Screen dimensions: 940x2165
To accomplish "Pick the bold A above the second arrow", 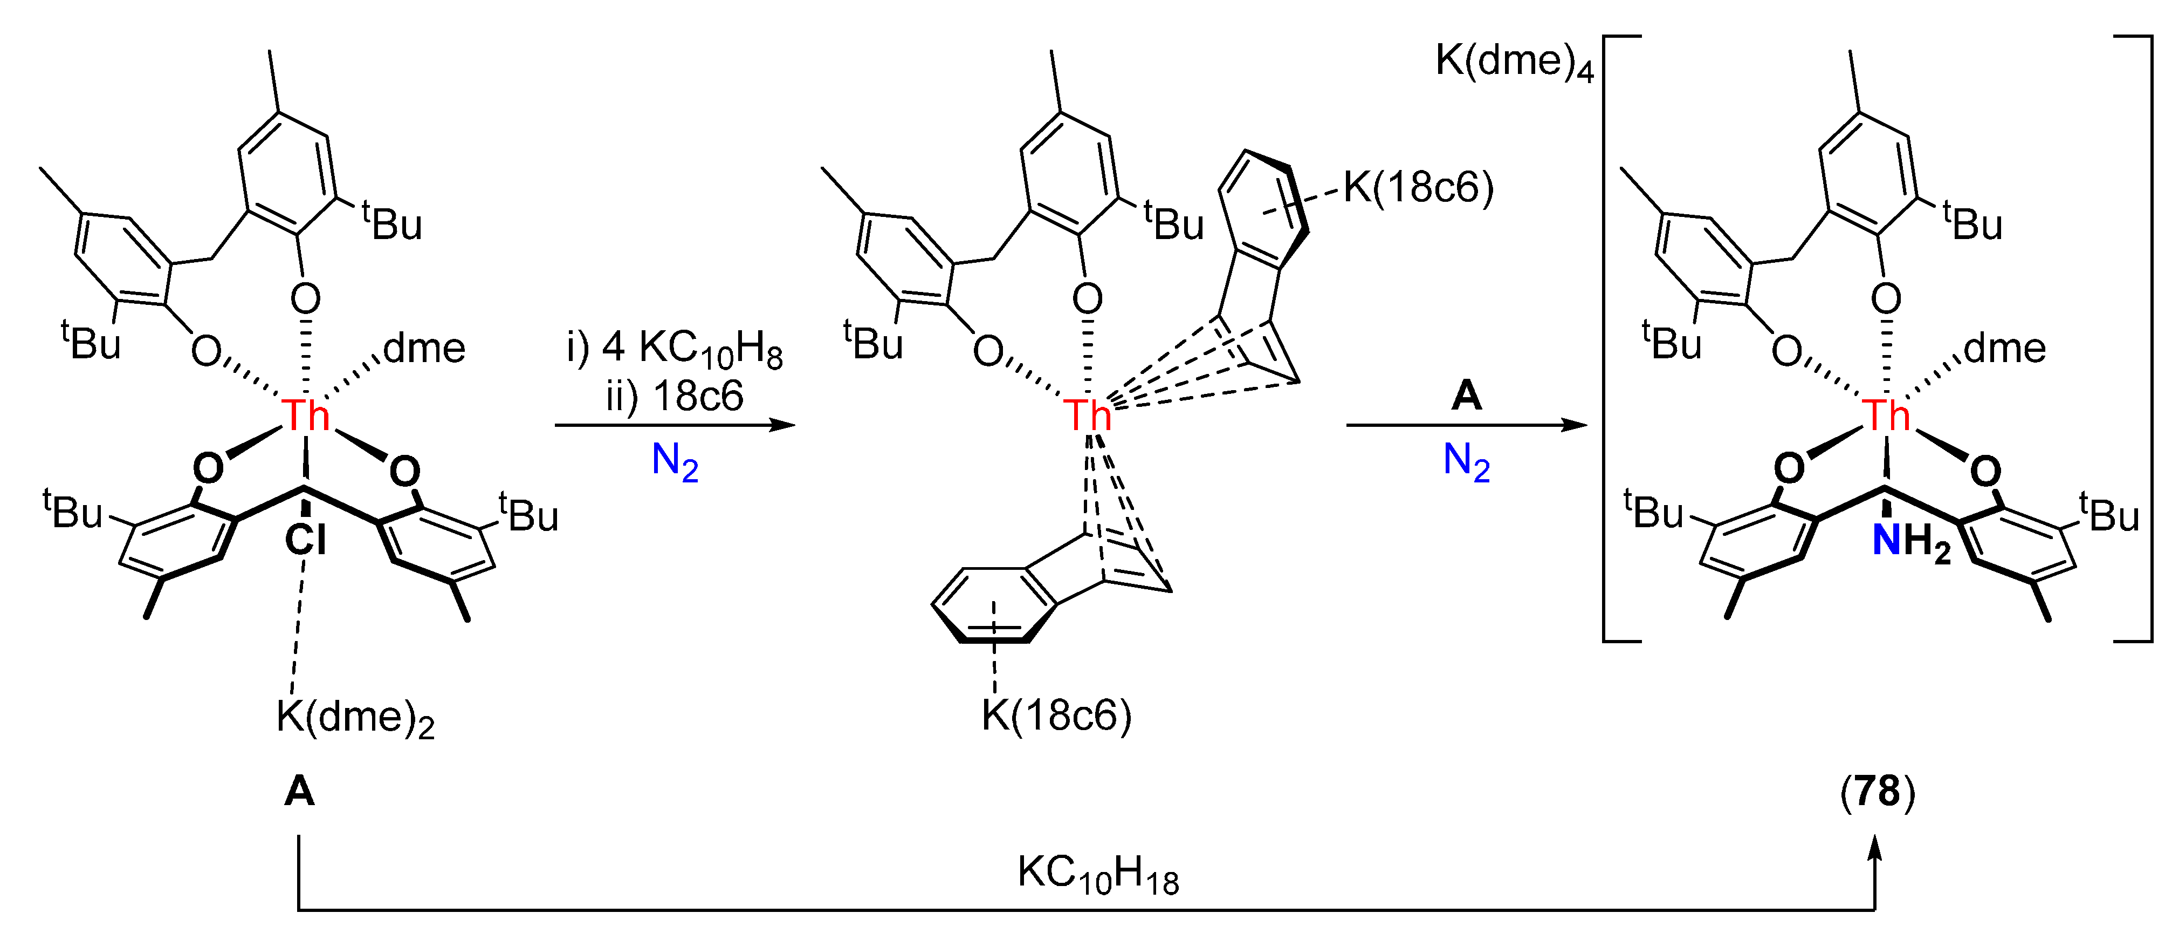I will (x=1467, y=395).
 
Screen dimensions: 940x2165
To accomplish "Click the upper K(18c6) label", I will (x=1419, y=187).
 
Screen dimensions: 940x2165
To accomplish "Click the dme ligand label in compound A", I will (x=424, y=348).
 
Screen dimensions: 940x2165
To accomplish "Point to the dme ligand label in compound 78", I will (x=2004, y=348).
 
